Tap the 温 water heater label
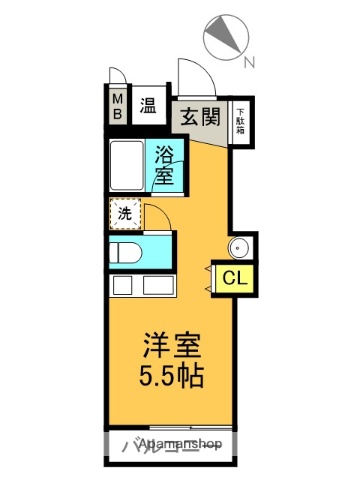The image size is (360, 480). coord(147,106)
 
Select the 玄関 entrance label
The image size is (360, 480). coord(200,116)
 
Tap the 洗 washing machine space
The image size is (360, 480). coord(124,212)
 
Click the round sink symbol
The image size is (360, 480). coord(241,248)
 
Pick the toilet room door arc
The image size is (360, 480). coord(157,216)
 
